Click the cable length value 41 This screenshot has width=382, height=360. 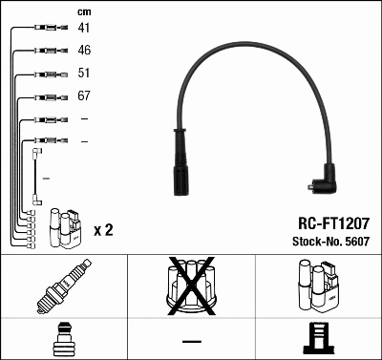(84, 28)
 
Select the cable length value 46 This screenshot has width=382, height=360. (84, 50)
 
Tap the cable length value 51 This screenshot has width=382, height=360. (84, 73)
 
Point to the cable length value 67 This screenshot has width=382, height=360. (84, 95)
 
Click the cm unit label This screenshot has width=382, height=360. (84, 12)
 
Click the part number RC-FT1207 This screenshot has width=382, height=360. (333, 223)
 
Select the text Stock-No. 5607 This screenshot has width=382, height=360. (331, 242)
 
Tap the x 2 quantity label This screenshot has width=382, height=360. (103, 230)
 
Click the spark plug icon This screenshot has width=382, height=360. (64, 286)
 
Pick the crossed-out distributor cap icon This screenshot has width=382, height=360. (191, 286)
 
